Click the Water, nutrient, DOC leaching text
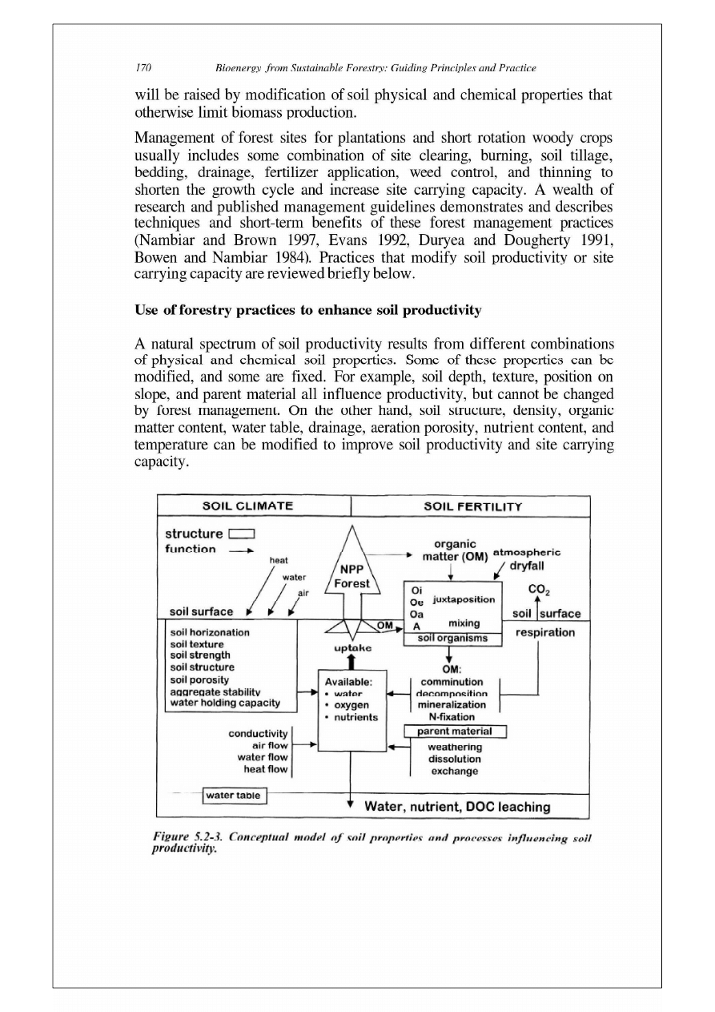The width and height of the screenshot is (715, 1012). pyautogui.click(x=457, y=806)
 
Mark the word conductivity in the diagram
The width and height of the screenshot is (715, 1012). pyautogui.click(x=258, y=731)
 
